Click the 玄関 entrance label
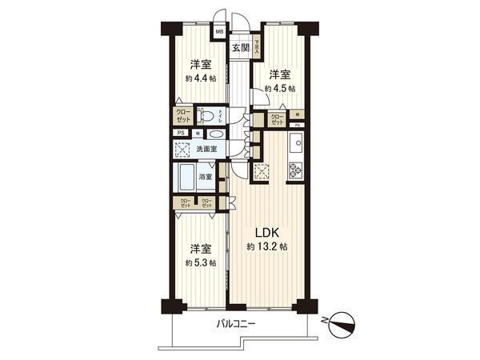241,48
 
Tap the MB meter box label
218,33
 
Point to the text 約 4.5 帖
280,89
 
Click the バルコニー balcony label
237,324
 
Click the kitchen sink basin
294,146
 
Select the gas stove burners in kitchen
294,170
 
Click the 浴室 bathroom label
206,177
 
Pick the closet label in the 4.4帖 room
183,116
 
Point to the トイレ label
223,117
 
